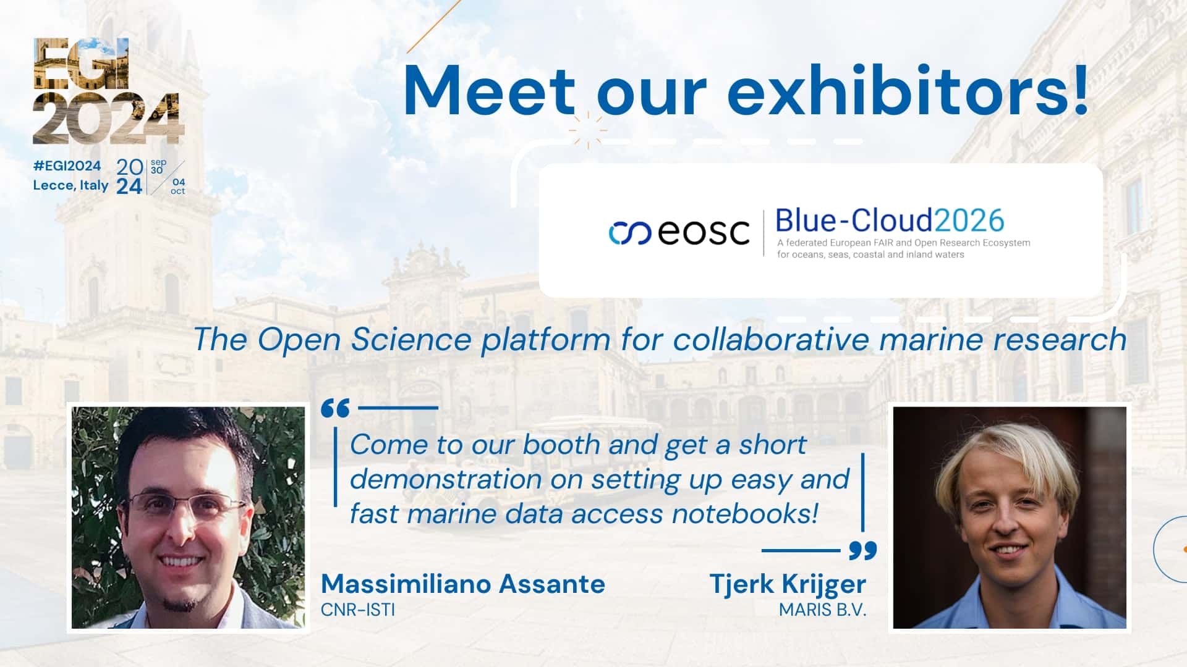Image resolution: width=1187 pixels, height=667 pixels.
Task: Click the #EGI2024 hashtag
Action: click(67, 166)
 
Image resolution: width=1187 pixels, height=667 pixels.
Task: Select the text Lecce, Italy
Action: click(70, 185)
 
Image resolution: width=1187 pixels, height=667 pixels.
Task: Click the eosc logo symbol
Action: click(629, 233)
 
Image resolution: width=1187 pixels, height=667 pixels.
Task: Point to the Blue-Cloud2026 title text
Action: click(889, 220)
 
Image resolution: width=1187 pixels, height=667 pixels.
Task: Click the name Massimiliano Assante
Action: click(462, 584)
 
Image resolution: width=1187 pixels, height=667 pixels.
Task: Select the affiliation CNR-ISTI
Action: click(357, 610)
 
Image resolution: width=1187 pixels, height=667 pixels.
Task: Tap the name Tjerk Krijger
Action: click(787, 584)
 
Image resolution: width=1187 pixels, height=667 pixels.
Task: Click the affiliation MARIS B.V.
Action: click(822, 610)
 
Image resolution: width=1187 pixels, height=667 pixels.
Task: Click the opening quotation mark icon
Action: click(336, 408)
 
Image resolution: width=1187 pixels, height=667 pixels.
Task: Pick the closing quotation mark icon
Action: click(862, 550)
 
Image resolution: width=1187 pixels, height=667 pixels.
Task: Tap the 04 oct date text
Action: click(178, 187)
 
